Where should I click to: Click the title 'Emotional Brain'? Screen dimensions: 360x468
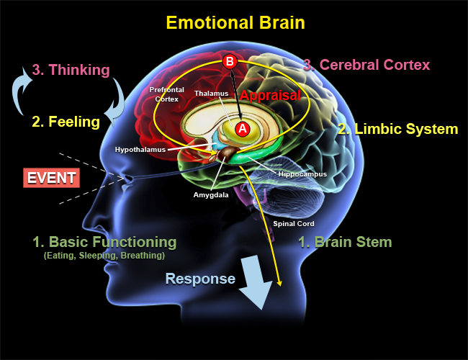(x=235, y=22)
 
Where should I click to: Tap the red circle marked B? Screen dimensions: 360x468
(x=230, y=62)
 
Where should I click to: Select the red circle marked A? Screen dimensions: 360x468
(x=243, y=128)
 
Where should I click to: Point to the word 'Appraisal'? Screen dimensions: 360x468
(x=271, y=95)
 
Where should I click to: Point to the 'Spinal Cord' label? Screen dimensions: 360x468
(x=293, y=223)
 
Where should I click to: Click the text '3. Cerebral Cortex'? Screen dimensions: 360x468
(x=366, y=65)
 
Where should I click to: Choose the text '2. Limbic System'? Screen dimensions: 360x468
(x=398, y=130)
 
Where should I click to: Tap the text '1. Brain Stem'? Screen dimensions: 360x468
(x=345, y=242)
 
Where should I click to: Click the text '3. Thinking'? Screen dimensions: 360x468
(x=71, y=70)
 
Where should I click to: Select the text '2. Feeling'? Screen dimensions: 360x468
(x=66, y=122)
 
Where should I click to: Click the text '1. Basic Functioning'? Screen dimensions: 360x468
(x=104, y=241)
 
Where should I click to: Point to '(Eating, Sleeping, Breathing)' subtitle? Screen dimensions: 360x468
(x=104, y=256)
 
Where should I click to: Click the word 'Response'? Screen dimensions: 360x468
(x=200, y=279)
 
